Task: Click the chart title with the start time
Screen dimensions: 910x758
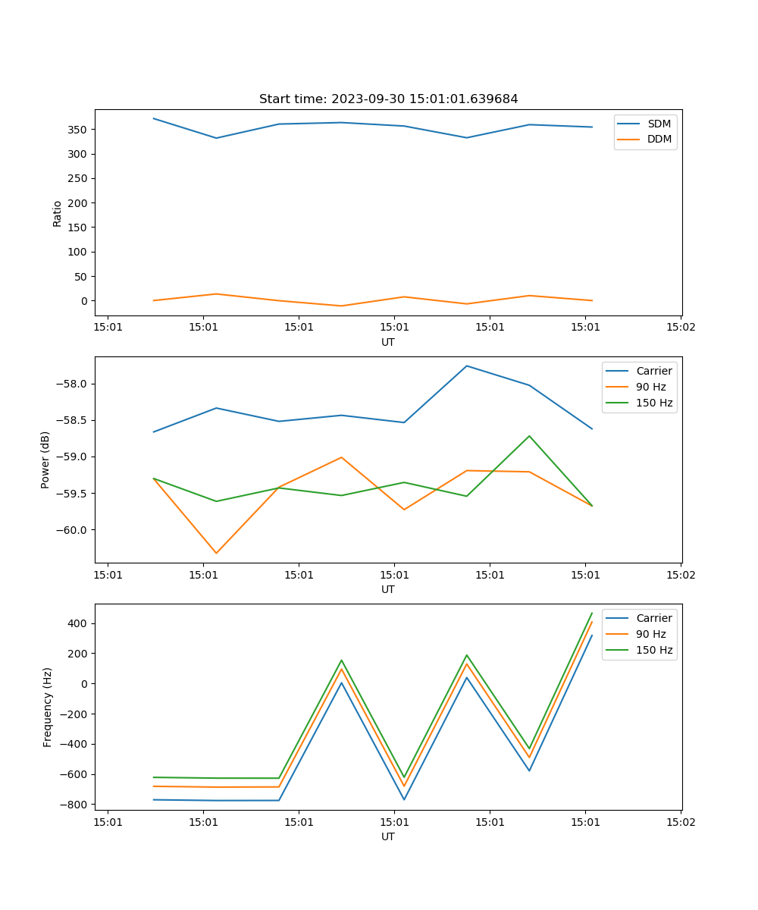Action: pos(388,99)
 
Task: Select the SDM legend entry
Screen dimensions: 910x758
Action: pos(659,123)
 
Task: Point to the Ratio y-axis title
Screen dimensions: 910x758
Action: pos(58,213)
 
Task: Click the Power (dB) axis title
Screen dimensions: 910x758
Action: pos(45,460)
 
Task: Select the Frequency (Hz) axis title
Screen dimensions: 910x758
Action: pos(48,707)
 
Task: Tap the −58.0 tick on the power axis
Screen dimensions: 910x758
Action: pos(72,384)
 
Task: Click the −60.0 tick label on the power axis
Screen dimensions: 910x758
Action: pos(72,530)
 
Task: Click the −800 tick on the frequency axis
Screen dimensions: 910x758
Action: pos(74,805)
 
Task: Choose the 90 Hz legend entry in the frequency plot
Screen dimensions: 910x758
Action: pos(651,634)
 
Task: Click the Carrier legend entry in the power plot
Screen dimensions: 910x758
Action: pos(653,371)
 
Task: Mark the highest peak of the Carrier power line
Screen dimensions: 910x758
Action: pos(467,366)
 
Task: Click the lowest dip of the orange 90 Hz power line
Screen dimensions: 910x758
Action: pos(216,553)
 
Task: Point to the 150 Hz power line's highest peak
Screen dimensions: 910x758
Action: pos(529,436)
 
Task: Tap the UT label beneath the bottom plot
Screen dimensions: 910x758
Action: pos(388,836)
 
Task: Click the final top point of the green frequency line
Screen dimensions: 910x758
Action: pos(592,613)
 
